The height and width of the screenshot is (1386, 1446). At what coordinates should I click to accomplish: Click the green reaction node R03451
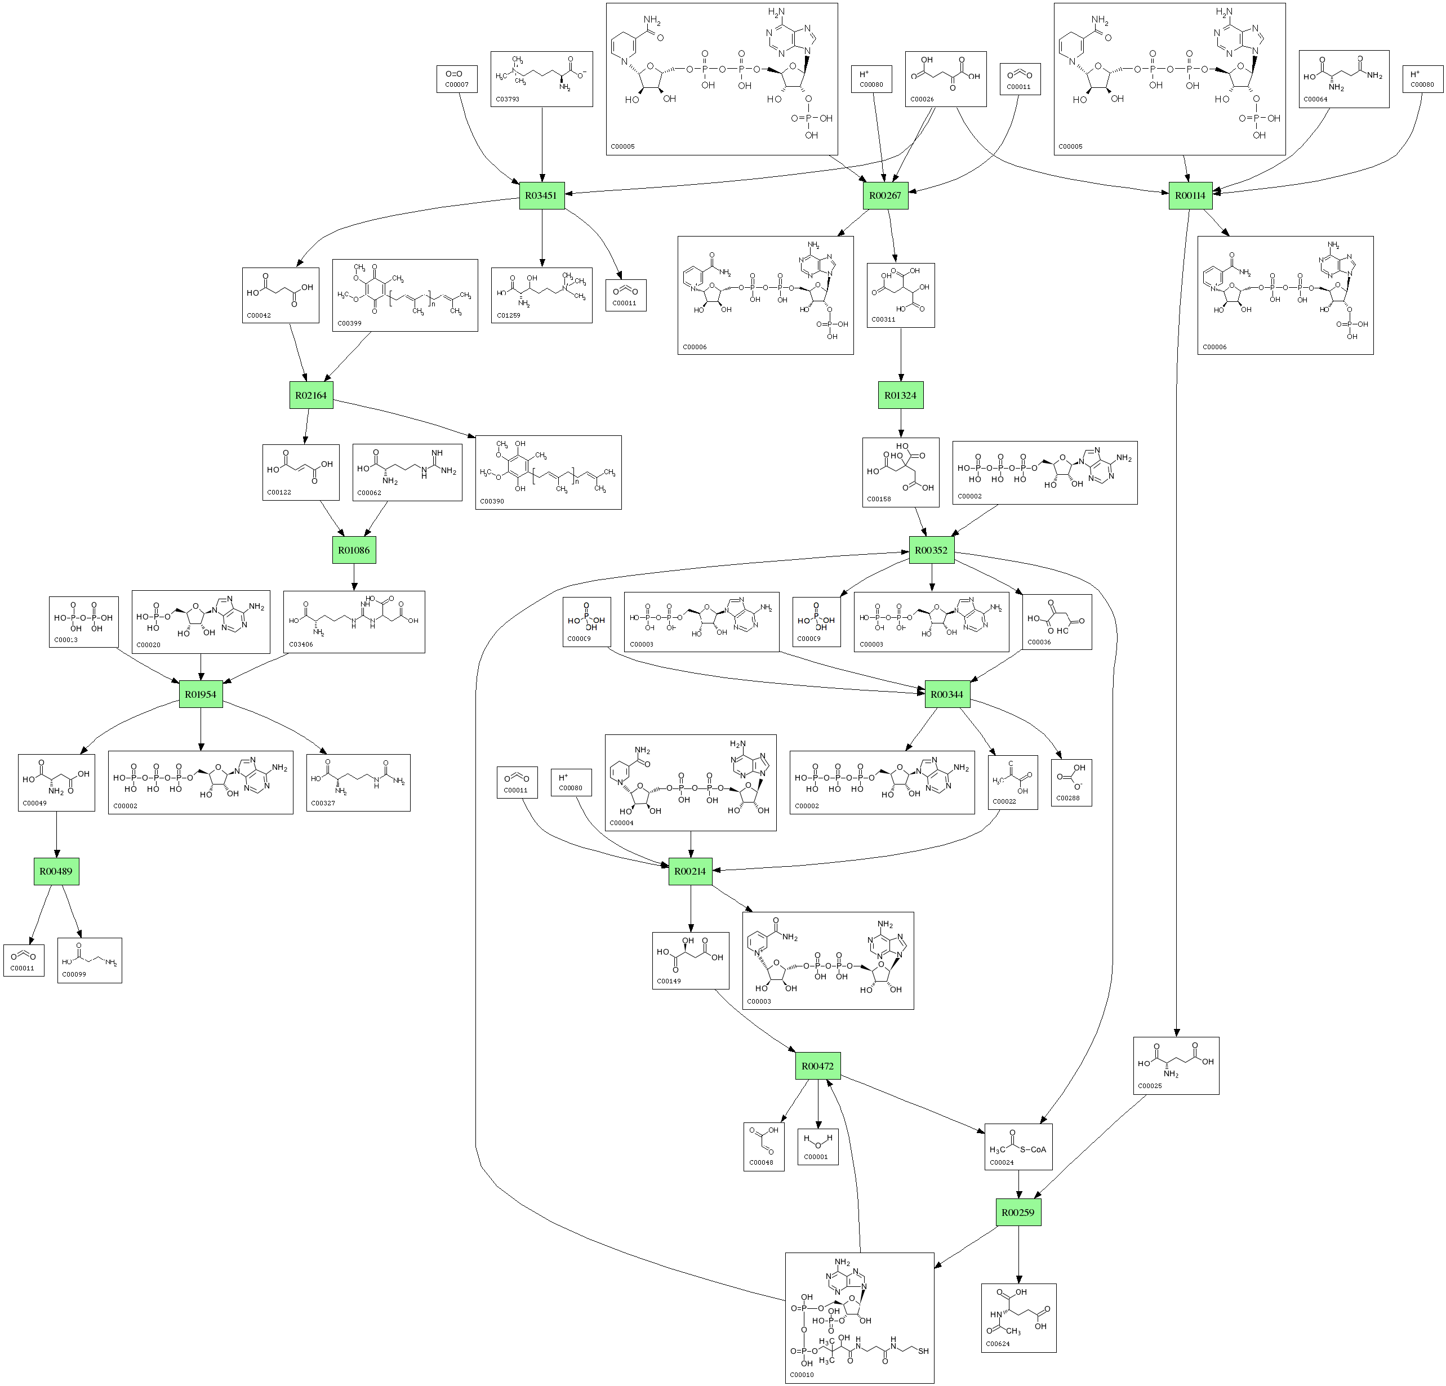click(x=541, y=195)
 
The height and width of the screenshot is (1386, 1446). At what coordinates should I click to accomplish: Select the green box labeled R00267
click(x=886, y=195)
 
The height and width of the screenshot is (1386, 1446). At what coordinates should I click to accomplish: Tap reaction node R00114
click(x=1191, y=195)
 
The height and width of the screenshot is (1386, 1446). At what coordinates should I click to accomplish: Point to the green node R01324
click(x=900, y=395)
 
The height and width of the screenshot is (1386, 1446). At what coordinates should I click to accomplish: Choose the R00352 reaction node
click(x=931, y=550)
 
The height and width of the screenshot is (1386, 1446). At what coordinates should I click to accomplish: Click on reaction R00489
click(x=56, y=871)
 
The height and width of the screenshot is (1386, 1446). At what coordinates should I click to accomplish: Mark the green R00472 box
click(x=817, y=1066)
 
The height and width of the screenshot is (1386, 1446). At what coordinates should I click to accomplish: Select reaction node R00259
click(x=1018, y=1213)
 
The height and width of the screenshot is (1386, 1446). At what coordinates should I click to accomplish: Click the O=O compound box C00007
click(x=457, y=79)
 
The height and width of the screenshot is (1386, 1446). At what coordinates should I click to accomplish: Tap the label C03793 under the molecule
click(x=508, y=99)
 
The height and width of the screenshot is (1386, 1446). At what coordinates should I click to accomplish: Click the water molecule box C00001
click(x=817, y=1146)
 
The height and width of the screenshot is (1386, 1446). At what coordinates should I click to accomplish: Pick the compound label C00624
click(x=998, y=1344)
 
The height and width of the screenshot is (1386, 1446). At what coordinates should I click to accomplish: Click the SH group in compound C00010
click(x=923, y=1351)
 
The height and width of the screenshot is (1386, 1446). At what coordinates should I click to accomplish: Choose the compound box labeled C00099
click(x=89, y=960)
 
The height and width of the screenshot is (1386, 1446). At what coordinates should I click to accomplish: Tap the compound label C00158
click(x=879, y=500)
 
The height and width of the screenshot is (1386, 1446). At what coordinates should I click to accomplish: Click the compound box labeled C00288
click(x=1071, y=783)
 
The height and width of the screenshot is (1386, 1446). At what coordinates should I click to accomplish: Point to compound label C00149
click(x=669, y=981)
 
